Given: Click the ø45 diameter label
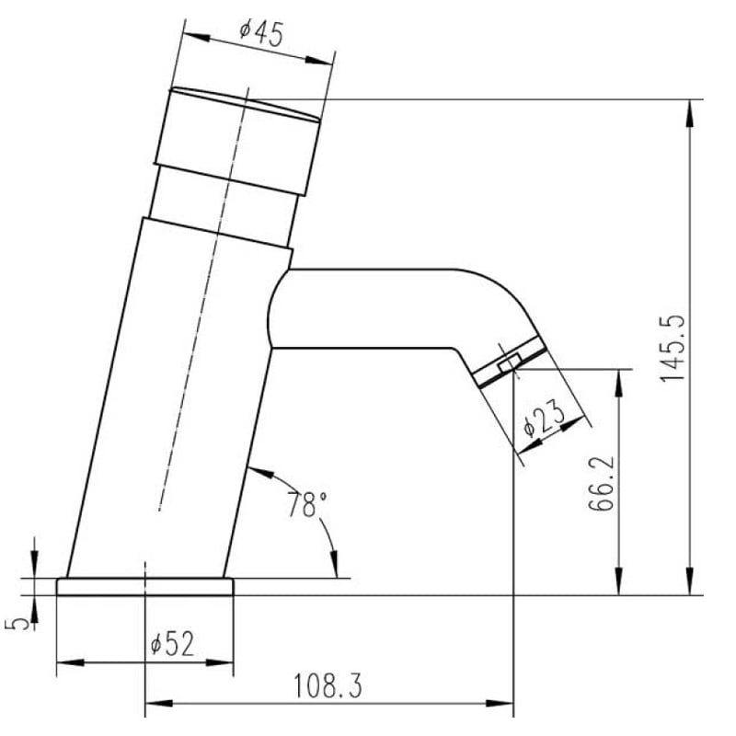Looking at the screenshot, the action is [261, 33].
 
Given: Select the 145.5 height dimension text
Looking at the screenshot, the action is [673, 348].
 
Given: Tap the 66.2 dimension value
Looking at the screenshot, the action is [602, 482].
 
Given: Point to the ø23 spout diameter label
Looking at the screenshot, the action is [545, 417].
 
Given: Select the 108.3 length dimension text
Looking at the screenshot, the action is [328, 685].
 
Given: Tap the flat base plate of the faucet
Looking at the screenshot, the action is [145, 587].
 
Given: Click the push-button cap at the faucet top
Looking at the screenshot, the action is [238, 141].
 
